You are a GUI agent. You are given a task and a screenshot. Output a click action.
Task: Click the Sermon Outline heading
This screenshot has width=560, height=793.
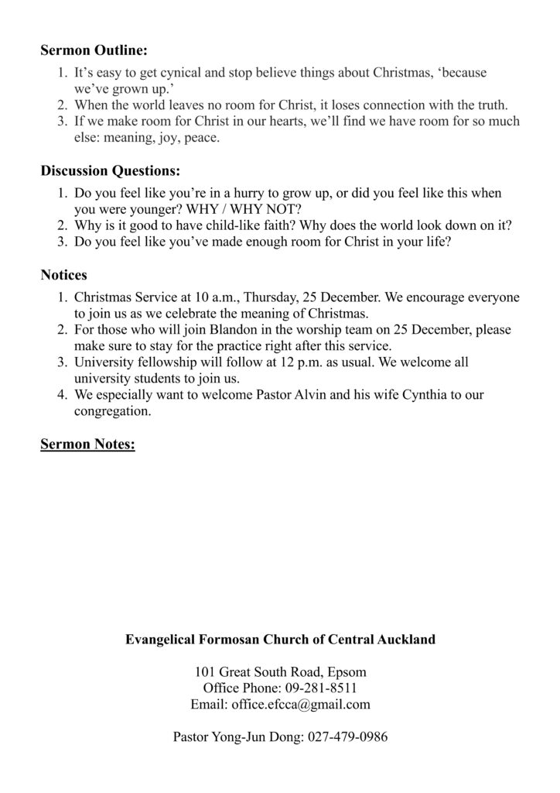point(93,52)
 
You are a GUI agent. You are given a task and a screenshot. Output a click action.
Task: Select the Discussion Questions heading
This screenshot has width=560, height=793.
point(110,170)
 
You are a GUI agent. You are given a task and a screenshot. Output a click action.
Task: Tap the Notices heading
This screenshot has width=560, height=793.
point(63,275)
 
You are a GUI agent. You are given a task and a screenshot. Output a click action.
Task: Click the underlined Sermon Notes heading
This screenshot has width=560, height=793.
point(87,445)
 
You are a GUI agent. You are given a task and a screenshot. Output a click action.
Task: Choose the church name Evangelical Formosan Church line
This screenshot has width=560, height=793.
point(280,640)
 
